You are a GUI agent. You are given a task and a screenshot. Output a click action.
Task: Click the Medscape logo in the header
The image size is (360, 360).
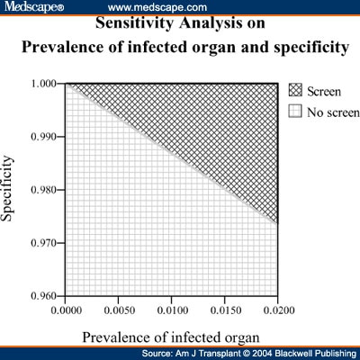pos(33,6)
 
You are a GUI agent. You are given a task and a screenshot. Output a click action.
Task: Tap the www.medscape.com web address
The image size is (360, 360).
pos(157,7)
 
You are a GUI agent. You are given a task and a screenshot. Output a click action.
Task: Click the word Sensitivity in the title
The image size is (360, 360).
pos(135,22)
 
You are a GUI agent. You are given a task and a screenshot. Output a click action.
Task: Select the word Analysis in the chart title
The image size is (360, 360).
pos(211,22)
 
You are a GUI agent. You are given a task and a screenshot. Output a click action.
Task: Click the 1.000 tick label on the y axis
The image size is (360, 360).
pos(44,83)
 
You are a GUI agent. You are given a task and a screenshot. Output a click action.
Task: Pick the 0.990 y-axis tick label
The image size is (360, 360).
pos(44,137)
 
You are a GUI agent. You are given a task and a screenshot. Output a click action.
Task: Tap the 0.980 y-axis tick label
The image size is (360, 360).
pos(44,190)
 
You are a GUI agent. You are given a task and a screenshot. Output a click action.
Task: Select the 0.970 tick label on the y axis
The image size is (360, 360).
pos(44,243)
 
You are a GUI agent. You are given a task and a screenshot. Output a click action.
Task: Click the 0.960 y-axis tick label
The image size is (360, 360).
pos(44,296)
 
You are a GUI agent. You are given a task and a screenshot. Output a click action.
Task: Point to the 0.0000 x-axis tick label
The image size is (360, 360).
pos(67,310)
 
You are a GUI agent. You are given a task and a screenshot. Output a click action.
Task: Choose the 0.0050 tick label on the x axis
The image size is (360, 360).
pos(120,310)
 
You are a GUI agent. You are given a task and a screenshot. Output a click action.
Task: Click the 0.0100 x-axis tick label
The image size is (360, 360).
pos(173,310)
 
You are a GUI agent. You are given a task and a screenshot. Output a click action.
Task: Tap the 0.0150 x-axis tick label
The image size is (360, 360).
pos(226,310)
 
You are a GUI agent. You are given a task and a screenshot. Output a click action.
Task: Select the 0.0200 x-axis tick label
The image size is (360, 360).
pos(279,310)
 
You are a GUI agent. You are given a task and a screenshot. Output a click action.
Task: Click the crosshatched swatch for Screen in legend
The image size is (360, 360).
pos(295,90)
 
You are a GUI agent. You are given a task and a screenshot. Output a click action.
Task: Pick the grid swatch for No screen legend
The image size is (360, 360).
pos(295,111)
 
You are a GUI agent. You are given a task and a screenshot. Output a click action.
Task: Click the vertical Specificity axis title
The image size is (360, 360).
pos(7,189)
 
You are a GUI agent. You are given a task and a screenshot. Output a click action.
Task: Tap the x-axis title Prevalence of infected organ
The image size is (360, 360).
pos(171,337)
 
